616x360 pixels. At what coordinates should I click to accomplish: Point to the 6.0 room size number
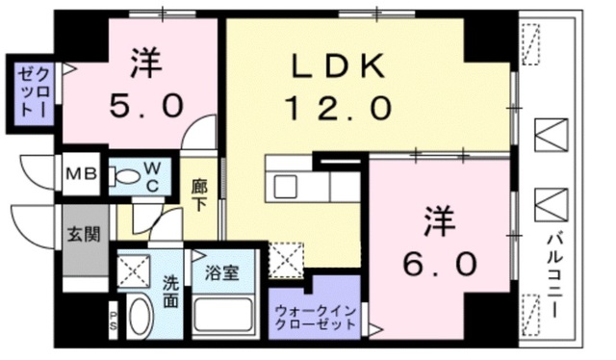[441, 261]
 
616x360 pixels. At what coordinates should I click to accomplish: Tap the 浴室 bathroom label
[223, 272]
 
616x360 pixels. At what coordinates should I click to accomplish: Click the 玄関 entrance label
[82, 234]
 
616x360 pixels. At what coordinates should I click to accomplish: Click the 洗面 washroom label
[170, 290]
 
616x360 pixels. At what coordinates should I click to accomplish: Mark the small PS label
[113, 321]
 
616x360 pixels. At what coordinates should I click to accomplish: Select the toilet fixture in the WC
[124, 177]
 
